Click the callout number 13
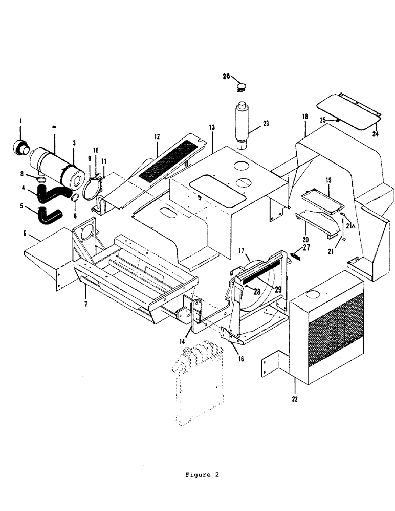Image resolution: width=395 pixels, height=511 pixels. (211, 127)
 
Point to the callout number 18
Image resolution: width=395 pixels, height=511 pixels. (305, 117)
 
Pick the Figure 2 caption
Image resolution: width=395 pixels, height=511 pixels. (202, 475)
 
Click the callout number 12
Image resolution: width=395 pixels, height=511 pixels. (157, 137)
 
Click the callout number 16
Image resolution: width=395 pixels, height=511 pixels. (240, 359)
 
